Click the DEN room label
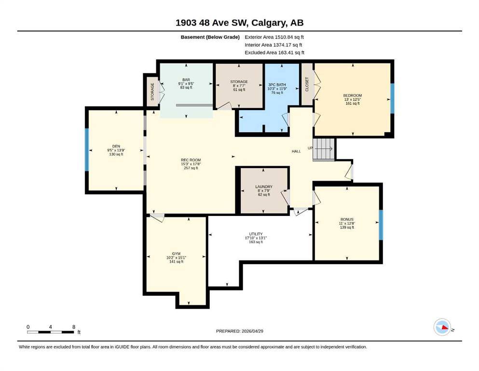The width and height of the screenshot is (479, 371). (116, 146)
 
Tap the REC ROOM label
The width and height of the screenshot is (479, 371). (191, 160)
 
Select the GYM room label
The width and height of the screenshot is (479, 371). (176, 254)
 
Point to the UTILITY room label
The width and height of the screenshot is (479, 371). (256, 234)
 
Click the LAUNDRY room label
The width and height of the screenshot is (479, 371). (264, 186)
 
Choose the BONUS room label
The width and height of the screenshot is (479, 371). (347, 219)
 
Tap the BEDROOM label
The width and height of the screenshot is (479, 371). (353, 96)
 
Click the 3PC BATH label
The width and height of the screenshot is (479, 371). (277, 85)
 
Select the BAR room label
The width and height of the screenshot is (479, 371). (186, 80)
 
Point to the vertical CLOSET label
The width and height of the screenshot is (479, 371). (307, 84)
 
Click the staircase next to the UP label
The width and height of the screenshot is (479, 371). (324, 149)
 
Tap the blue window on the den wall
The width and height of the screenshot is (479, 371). (87, 150)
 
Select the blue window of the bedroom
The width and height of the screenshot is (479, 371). (392, 98)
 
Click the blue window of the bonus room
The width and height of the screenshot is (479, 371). (381, 225)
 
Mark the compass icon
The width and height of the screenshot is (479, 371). (442, 327)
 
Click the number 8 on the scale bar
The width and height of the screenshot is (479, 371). (74, 327)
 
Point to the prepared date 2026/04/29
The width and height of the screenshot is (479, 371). (252, 331)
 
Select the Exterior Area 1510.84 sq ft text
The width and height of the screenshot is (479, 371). (274, 37)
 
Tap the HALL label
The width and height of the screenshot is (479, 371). (296, 151)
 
